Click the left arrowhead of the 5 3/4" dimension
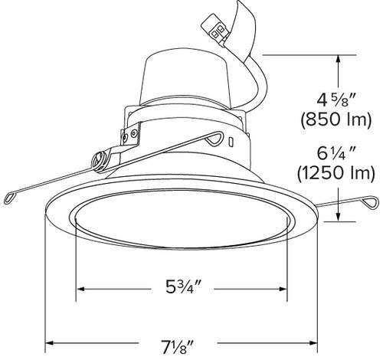(80, 290)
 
